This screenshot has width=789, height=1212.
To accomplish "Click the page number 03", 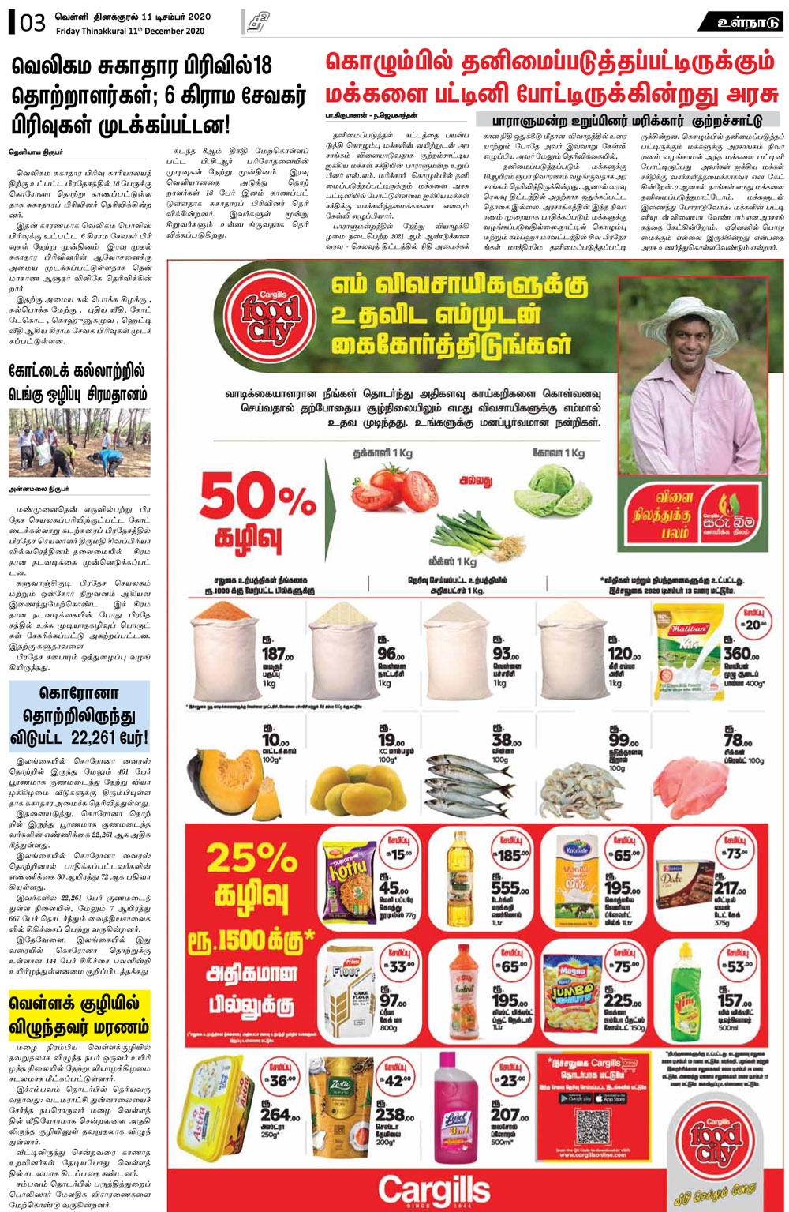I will coord(32,23).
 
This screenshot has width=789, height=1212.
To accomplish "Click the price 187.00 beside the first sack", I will coord(277,655).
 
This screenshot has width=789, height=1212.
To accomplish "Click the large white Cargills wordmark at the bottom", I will coord(433,1189).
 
